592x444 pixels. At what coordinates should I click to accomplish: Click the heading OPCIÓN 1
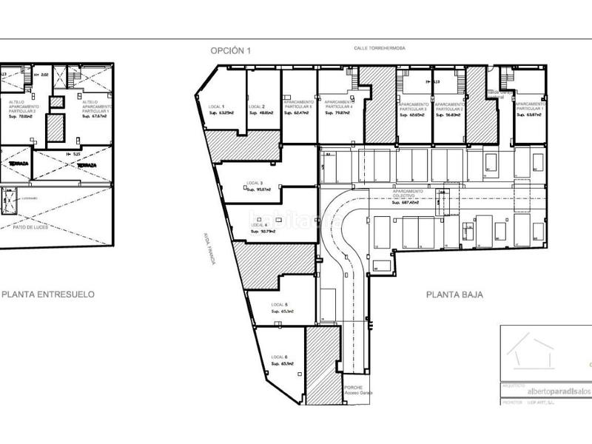pyautogui.click(x=231, y=50)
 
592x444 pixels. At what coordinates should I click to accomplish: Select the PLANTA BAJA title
pyautogui.click(x=454, y=294)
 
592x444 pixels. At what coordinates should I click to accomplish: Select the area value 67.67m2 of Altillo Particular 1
pyautogui.click(x=95, y=116)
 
